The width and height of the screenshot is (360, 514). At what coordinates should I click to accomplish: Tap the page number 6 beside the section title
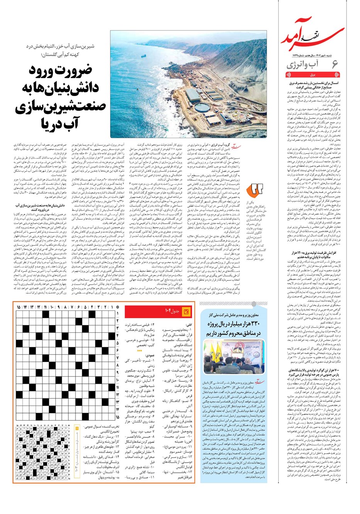click(335, 64)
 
